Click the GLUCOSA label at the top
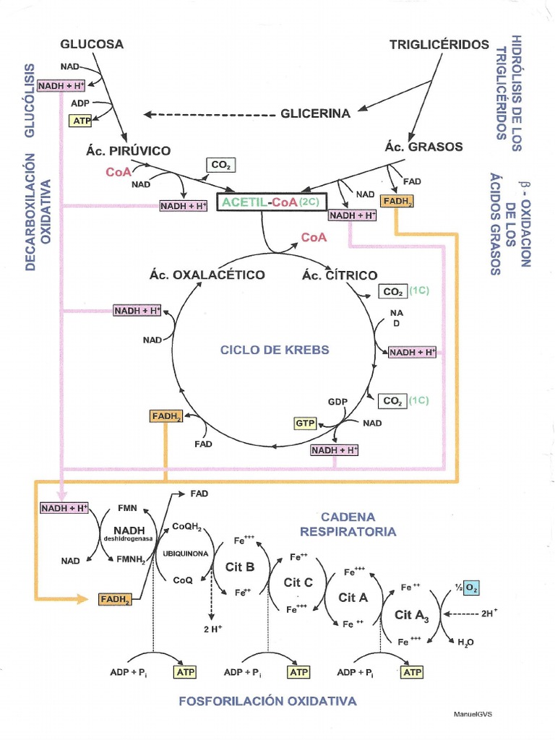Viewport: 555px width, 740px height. pos(92,44)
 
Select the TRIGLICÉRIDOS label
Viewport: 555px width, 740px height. pos(439,44)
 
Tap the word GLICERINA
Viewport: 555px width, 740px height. pos(315,113)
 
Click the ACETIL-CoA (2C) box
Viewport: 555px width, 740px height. pos(270,202)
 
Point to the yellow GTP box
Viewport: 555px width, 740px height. pos(305,423)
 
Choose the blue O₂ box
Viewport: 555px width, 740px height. pos(470,588)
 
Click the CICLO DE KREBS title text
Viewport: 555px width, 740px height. pos(275,350)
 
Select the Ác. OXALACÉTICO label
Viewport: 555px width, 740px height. pos(207,275)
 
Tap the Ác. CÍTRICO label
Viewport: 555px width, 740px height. pos(340,275)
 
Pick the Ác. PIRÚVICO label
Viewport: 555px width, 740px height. pos(128,151)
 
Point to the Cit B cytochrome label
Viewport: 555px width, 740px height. pos(240,567)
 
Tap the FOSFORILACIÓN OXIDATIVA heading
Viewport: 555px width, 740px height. pos(267,702)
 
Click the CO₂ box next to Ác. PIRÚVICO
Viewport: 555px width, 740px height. pos(220,165)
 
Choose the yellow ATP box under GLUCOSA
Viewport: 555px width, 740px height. pos(81,121)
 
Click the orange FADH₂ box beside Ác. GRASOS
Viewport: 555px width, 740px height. pos(398,202)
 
